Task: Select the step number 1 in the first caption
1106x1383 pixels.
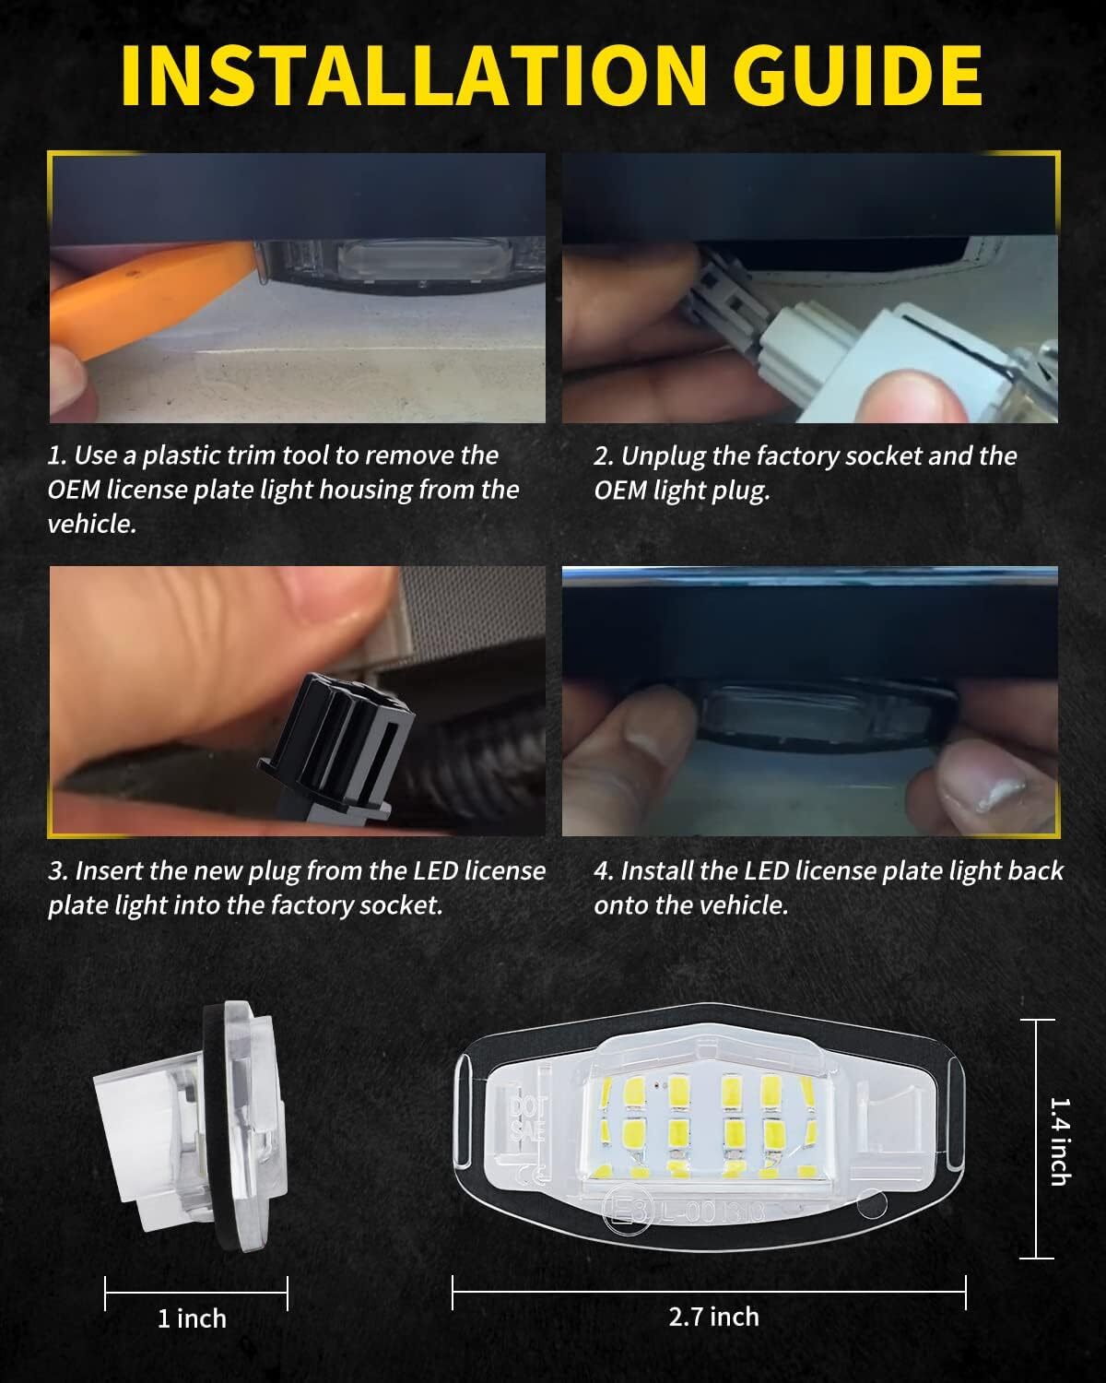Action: point(56,455)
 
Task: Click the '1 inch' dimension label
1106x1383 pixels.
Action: point(192,1318)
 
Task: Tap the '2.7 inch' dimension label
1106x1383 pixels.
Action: point(713,1317)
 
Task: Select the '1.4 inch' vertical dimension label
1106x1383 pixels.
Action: point(1061,1140)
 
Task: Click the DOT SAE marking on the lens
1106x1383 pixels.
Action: point(529,1118)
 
